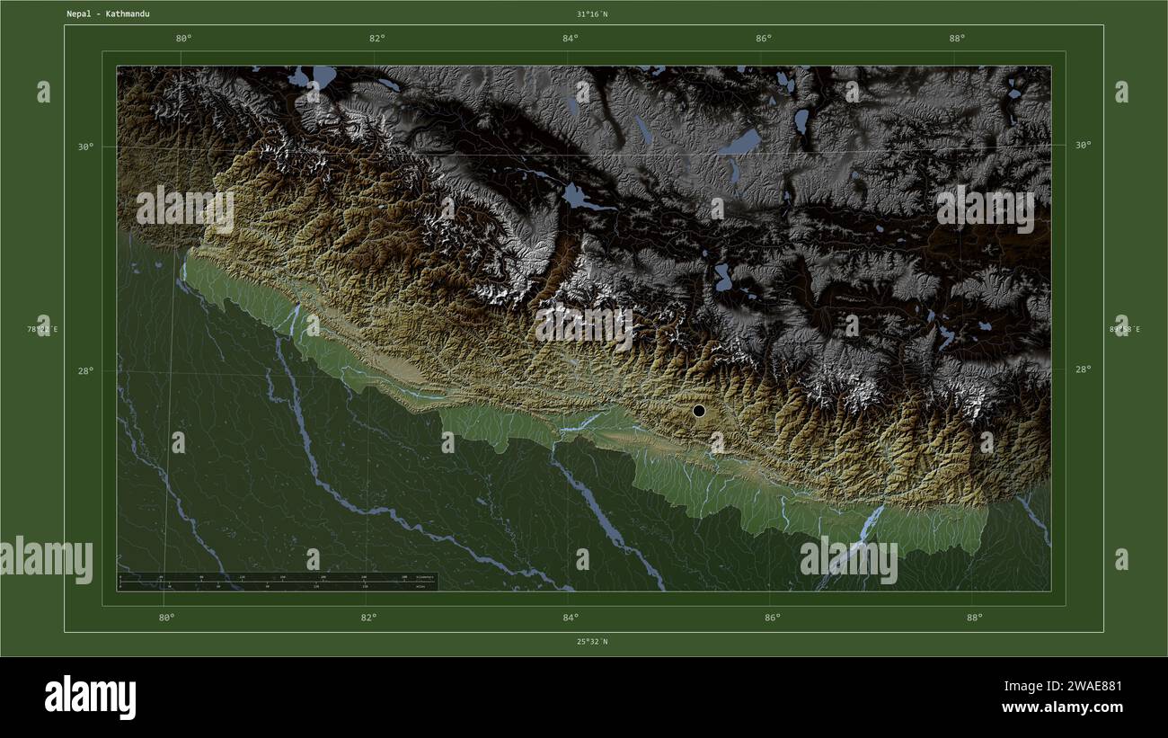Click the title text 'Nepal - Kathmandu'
coord(108,14)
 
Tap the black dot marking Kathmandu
coord(699,411)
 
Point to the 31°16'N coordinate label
coord(592,14)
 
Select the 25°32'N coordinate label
coord(592,642)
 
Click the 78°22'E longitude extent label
coord(42,330)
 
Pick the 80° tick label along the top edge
coord(183,38)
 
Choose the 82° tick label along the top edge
coord(376,38)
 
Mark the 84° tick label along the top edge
coord(570,38)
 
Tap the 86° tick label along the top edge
coord(763,38)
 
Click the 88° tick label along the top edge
coord(957,38)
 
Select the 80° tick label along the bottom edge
coord(166,618)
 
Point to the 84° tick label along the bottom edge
coord(570,618)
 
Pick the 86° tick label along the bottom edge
coord(772,618)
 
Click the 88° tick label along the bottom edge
coord(974,618)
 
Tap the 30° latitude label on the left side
coord(84,147)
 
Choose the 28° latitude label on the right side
coord(1083,369)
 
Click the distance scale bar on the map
coord(277,582)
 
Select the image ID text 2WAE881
coord(1086,687)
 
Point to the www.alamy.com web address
coord(1062,707)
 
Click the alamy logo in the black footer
coord(90,698)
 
